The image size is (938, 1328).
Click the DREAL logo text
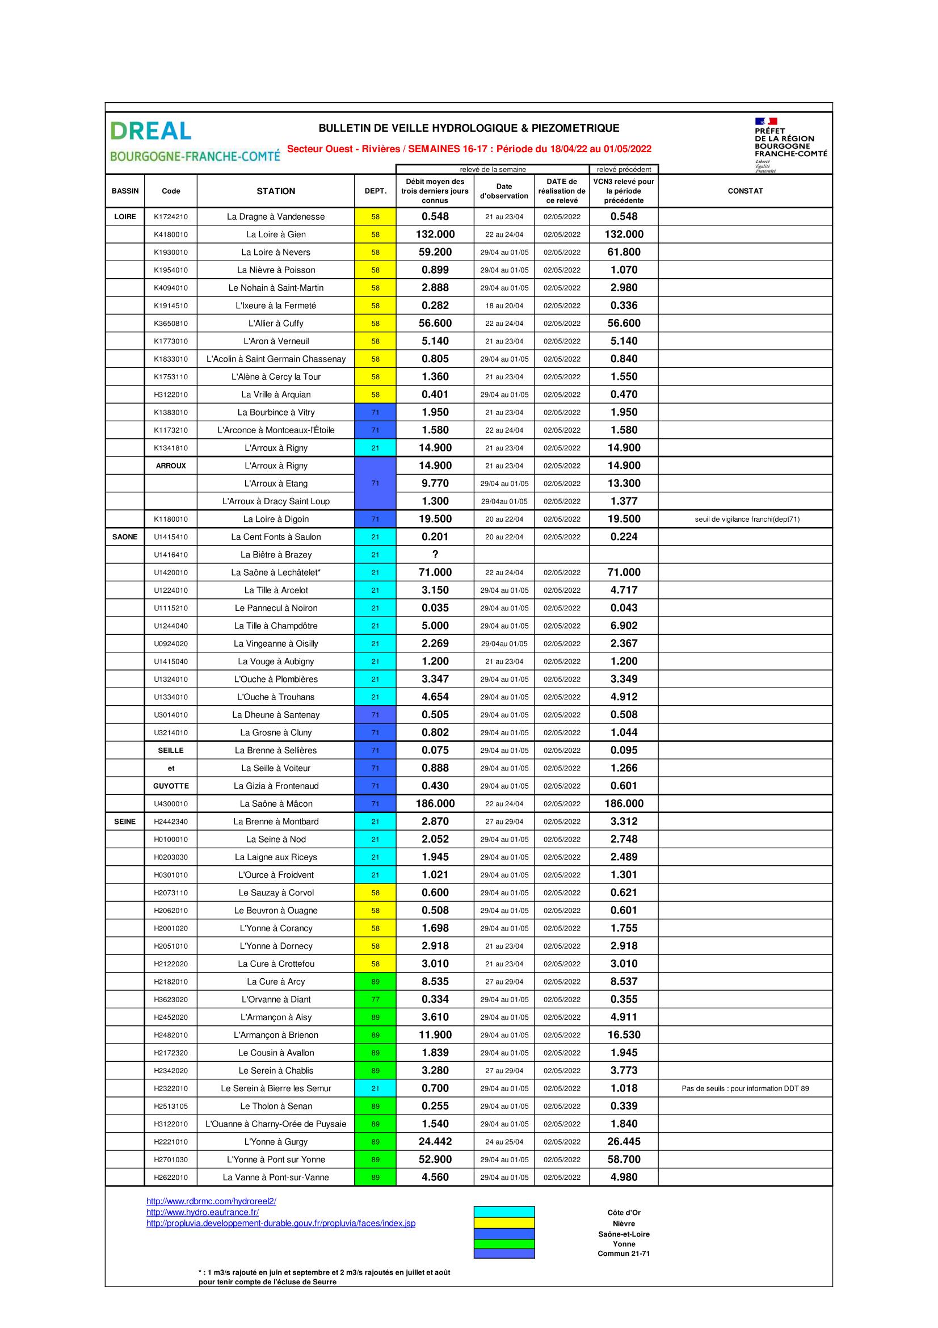coord(150,131)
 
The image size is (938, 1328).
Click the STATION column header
coord(276,191)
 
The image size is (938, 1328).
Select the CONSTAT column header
coord(745,191)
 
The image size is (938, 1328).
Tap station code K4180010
coord(170,235)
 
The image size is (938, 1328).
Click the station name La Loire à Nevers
coord(276,252)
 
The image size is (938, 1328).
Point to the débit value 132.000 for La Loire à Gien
coord(435,234)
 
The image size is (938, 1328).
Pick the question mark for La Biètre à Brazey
coord(435,555)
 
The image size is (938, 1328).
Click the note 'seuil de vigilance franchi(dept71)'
coord(747,520)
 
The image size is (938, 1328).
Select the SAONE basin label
coord(125,537)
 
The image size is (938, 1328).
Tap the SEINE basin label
coord(125,822)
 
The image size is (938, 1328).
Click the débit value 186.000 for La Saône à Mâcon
coord(435,803)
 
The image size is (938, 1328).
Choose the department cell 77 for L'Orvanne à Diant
coord(375,999)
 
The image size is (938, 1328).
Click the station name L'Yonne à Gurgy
coord(276,1142)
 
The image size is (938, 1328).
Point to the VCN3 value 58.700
coord(624,1159)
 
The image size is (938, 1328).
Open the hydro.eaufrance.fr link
coord(202,1212)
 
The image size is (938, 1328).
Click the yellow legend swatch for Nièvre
coord(503,1224)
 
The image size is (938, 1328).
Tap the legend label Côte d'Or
coord(624,1212)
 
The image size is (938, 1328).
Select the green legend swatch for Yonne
coord(503,1244)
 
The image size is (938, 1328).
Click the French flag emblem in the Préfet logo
coord(765,122)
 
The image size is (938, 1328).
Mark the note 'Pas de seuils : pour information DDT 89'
coord(745,1088)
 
